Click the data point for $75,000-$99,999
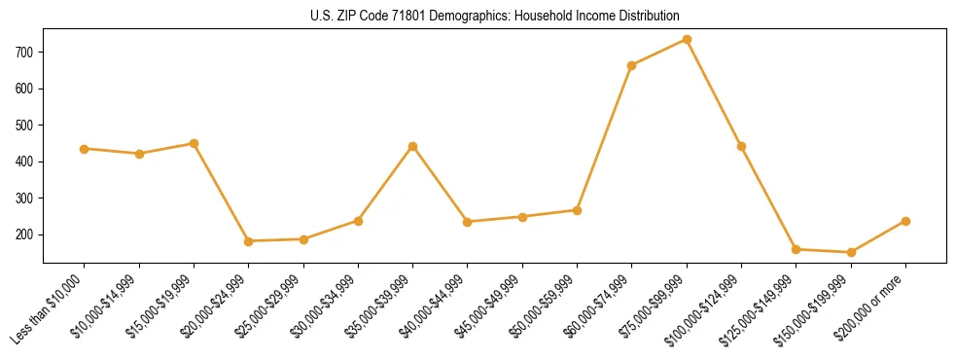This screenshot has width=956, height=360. point(687,40)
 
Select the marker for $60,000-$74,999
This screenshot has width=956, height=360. point(632,65)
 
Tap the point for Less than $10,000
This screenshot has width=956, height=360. point(85,149)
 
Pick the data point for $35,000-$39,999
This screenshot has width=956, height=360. point(413,146)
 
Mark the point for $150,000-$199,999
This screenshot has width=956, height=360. point(851,252)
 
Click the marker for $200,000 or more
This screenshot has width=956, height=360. point(905,221)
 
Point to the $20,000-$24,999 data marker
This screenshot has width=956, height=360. point(249,241)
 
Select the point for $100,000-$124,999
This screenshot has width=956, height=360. point(742,146)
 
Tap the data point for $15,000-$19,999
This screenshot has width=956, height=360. point(195,143)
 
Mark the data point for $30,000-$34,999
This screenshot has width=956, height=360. point(359,221)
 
